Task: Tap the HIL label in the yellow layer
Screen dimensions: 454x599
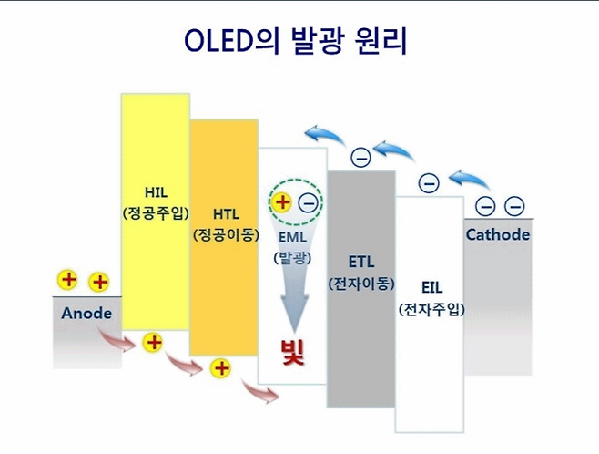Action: coord(155,192)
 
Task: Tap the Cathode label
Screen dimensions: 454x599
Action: coord(497,234)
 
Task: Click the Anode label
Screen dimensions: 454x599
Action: coord(86,313)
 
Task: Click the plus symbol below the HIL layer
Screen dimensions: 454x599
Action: coord(154,343)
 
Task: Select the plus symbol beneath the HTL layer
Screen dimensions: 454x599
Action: coord(220,368)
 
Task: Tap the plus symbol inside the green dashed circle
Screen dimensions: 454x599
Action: coord(282,202)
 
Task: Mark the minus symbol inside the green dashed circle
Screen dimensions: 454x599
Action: coord(308,202)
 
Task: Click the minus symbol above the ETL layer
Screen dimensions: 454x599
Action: coord(360,158)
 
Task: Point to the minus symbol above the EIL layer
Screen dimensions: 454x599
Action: coord(429,183)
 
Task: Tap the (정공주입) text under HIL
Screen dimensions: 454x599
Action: coord(155,213)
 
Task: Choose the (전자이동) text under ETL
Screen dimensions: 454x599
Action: coord(360,284)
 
